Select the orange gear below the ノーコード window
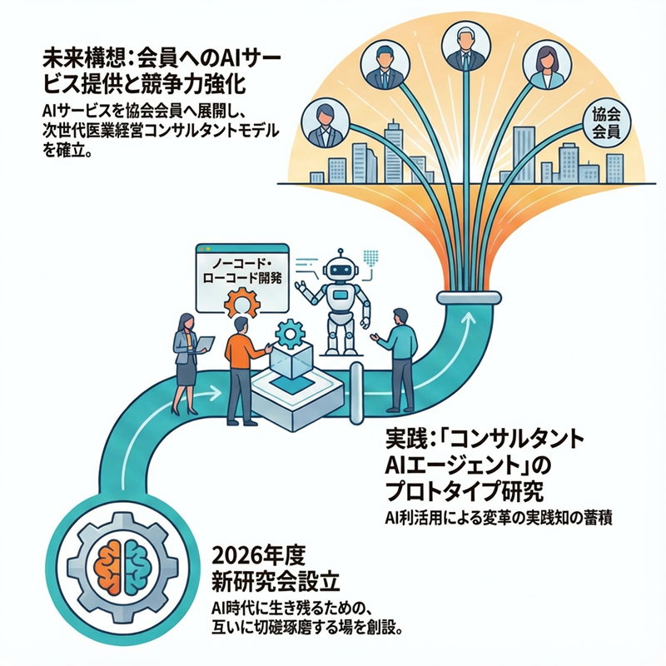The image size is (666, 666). pos(241,303)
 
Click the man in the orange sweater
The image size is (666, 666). pos(243,370)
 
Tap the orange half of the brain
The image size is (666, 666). pos(111,567)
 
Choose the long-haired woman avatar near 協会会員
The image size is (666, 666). pos(547,65)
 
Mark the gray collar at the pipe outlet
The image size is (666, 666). pos(470,297)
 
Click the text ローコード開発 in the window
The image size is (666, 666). pos(242,278)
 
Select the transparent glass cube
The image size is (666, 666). pos(291,360)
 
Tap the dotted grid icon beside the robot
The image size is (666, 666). pos(370,258)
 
